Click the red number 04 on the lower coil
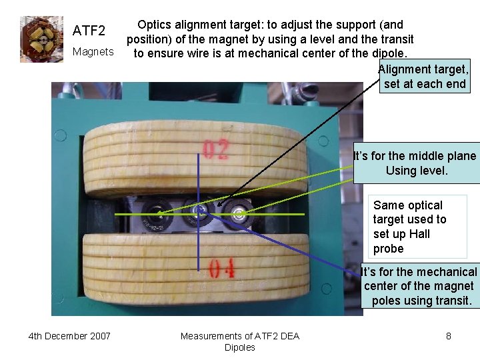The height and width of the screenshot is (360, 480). click(221, 269)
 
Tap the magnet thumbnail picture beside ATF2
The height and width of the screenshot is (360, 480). click(41, 39)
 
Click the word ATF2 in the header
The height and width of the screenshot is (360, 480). click(89, 31)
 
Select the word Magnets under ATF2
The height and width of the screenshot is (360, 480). click(93, 51)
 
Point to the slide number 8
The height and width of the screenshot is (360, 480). click(449, 336)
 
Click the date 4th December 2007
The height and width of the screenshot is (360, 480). click(69, 336)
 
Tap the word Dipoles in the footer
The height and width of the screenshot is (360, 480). click(240, 347)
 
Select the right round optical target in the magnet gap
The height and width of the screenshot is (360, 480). click(237, 213)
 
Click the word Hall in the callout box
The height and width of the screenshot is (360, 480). click(420, 234)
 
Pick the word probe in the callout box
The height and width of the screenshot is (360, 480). click(389, 249)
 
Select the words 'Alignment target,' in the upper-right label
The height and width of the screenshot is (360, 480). click(423, 69)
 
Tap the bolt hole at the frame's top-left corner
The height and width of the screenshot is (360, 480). click(61, 136)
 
